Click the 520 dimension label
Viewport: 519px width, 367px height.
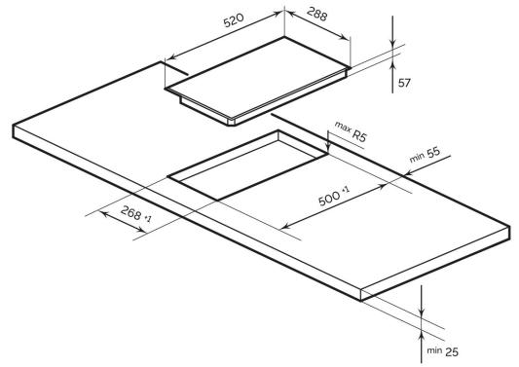(x=234, y=20)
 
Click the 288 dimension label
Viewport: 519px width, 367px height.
(x=316, y=14)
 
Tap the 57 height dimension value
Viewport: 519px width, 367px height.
(x=404, y=83)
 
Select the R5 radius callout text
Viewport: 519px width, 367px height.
(x=359, y=135)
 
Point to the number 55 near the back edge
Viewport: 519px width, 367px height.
(x=433, y=152)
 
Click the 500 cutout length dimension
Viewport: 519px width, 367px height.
(x=329, y=199)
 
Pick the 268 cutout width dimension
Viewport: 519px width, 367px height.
(x=131, y=212)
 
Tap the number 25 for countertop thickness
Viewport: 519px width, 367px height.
(x=452, y=352)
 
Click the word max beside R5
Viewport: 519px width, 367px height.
(x=343, y=128)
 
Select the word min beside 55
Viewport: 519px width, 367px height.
(x=417, y=158)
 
